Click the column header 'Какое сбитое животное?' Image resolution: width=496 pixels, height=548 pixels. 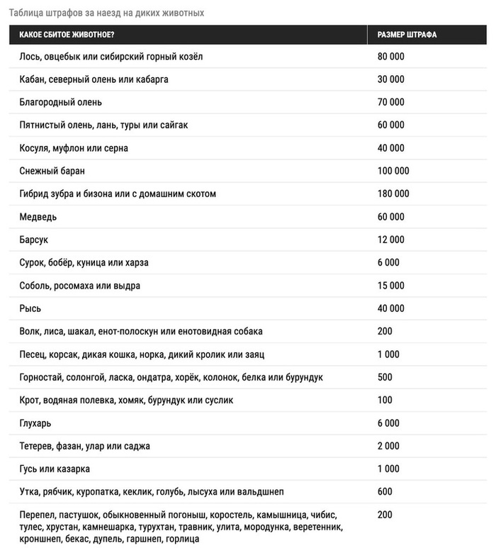pyautogui.click(x=67, y=35)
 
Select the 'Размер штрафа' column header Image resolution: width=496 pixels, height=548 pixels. pyautogui.click(x=407, y=35)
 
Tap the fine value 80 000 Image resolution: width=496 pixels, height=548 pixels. pyautogui.click(x=391, y=57)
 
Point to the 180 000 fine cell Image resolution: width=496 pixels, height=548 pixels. pyautogui.click(x=393, y=194)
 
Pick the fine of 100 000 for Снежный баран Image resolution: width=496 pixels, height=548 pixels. pyautogui.click(x=393, y=171)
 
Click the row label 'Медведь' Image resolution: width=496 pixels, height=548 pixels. pyautogui.click(x=38, y=217)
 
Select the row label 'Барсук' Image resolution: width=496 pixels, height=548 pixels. pyautogui.click(x=34, y=240)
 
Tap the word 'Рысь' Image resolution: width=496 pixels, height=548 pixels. pyautogui.click(x=30, y=308)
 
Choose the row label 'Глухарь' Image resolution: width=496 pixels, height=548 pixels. pyautogui.click(x=35, y=423)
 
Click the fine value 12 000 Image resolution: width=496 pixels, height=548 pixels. pyautogui.click(x=391, y=240)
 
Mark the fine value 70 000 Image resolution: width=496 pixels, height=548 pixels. pyautogui.click(x=391, y=102)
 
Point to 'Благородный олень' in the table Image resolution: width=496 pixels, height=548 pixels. pyautogui.click(x=61, y=102)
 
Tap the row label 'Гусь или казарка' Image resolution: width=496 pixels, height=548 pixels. pyautogui.click(x=55, y=469)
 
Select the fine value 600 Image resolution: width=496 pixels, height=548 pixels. pyautogui.click(x=385, y=492)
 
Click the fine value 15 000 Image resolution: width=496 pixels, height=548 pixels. pyautogui.click(x=391, y=286)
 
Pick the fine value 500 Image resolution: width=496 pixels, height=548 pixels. pyautogui.click(x=385, y=377)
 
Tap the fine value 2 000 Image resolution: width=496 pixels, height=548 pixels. pyautogui.click(x=388, y=446)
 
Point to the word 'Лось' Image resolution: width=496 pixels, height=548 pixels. pyautogui.click(x=30, y=57)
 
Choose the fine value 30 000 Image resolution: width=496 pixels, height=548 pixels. pyautogui.click(x=391, y=79)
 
